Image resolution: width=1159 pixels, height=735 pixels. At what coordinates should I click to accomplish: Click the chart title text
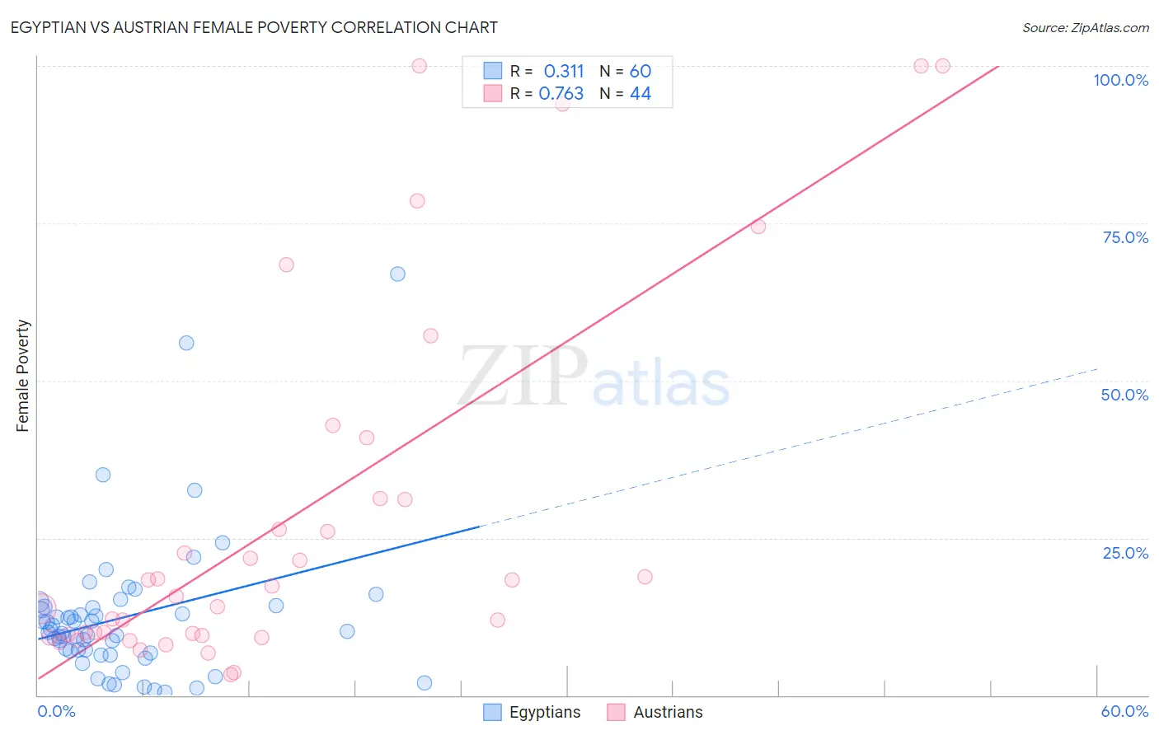point(254,27)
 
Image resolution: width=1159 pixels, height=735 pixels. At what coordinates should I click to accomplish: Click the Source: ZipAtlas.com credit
point(1085,27)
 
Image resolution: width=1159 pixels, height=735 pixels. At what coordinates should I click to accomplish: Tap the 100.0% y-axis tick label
point(1120,80)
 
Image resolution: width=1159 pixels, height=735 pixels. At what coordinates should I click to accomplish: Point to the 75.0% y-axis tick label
point(1125,237)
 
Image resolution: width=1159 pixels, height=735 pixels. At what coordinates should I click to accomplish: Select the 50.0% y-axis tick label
point(1124,395)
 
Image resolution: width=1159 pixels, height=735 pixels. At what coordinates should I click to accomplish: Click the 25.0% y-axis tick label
point(1125,553)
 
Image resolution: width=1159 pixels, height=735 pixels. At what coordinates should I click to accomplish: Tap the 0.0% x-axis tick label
point(56,711)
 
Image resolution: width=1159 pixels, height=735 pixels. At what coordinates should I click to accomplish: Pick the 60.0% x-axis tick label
point(1124,711)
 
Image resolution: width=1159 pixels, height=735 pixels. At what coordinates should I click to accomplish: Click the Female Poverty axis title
point(22,376)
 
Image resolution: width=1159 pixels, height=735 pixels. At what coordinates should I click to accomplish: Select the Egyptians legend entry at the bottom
point(532,712)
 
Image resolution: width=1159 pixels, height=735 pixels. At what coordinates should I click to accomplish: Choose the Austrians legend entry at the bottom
point(655,712)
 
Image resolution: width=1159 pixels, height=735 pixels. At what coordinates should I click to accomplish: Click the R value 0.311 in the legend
point(563,71)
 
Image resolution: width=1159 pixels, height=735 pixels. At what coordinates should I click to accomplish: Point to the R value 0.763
point(561,94)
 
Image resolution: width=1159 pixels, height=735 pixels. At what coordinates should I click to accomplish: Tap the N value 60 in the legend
point(640,71)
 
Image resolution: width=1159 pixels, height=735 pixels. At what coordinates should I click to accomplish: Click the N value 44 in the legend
point(640,94)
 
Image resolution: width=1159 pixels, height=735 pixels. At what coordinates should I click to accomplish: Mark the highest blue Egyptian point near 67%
point(397,274)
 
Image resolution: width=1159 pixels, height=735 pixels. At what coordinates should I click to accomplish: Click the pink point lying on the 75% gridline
point(758,227)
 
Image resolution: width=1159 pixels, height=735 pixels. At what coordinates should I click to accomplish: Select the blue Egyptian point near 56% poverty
point(186,343)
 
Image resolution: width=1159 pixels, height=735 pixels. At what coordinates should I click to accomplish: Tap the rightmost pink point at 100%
point(942,66)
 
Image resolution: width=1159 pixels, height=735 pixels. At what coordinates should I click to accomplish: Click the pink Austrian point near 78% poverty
point(417,201)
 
